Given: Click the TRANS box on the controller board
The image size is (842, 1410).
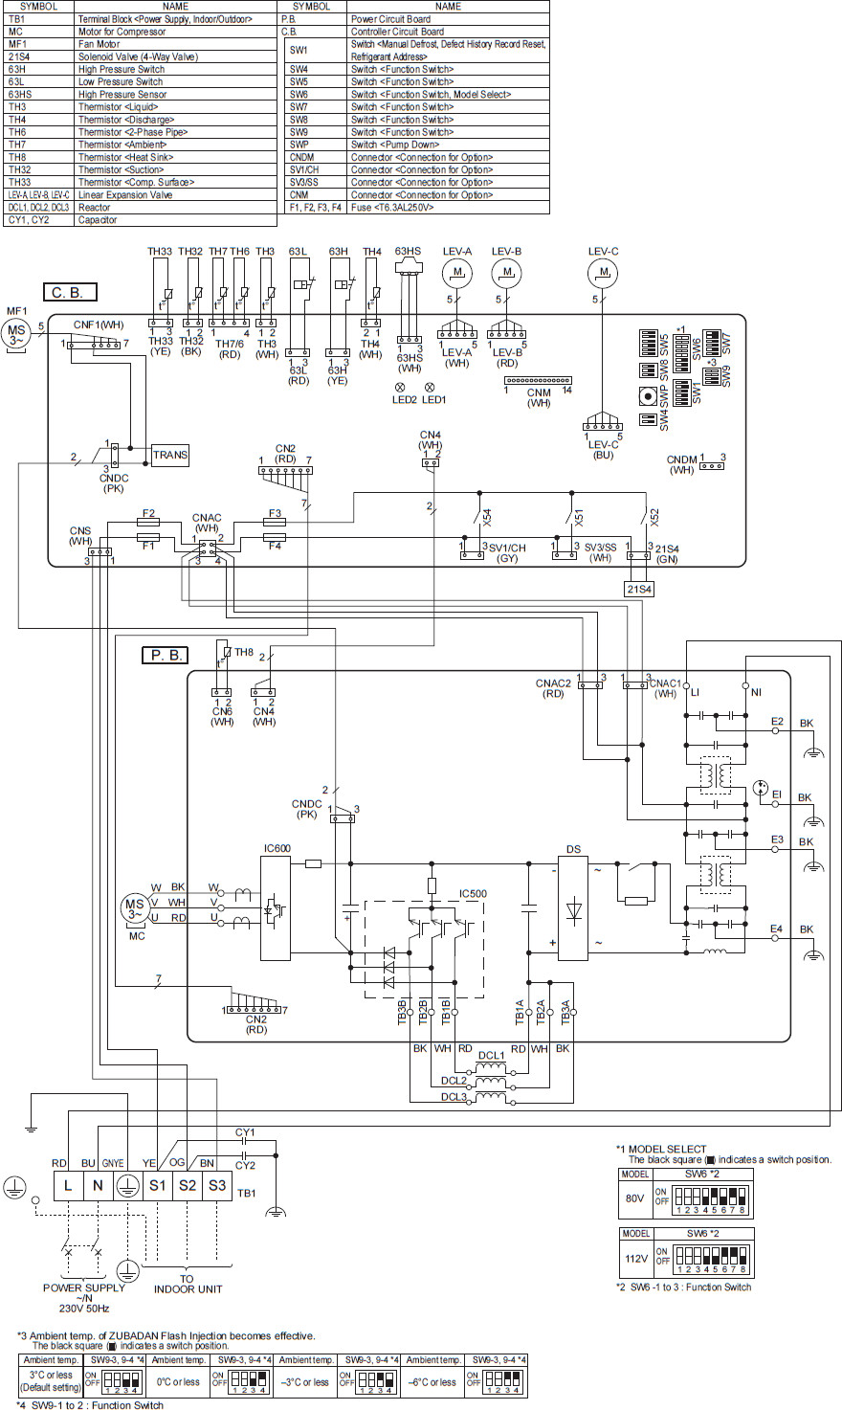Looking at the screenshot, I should point(170,456).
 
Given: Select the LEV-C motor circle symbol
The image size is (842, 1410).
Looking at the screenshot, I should point(604,274).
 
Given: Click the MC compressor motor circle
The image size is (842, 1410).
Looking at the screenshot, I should point(135,906).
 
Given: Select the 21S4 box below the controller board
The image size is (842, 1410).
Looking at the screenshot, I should point(639,589).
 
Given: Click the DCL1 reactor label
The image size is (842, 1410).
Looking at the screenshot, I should point(492,1054).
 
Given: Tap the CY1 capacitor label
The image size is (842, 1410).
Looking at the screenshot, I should point(245,1131).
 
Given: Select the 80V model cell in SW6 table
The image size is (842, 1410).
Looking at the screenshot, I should point(634,1197).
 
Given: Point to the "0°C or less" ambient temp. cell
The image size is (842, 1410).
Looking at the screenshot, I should point(180,1381).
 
